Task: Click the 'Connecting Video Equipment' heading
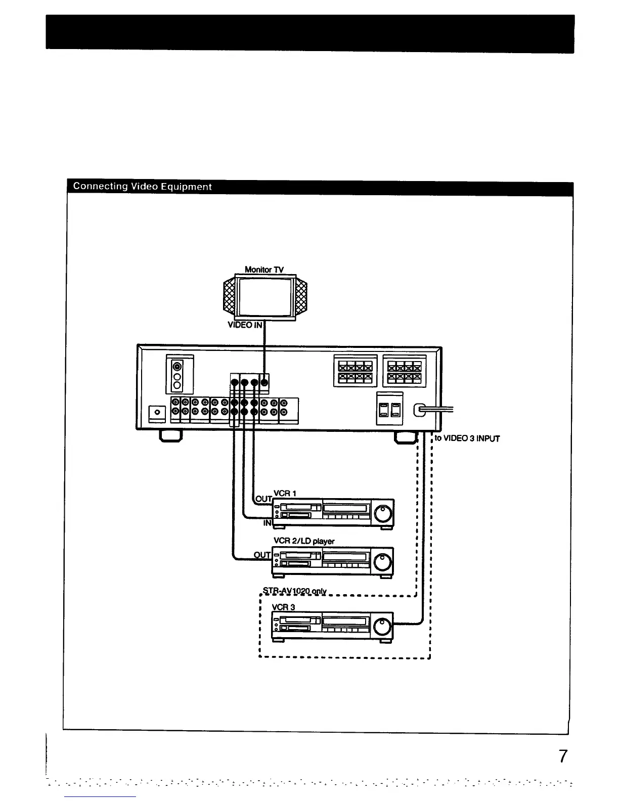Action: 142,187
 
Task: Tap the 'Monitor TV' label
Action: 264,270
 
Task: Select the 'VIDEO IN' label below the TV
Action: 245,325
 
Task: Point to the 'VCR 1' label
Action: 285,493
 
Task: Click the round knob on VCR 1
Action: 383,514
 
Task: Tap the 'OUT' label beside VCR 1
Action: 263,499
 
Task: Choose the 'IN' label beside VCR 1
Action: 268,523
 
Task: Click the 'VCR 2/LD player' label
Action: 303,541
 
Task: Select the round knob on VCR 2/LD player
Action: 383,562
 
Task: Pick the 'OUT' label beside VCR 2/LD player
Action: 262,555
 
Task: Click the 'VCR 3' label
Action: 283,607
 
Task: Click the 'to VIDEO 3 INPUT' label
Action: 467,438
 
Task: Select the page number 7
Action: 562,757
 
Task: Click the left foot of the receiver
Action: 170,435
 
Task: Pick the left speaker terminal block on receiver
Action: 355,371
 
